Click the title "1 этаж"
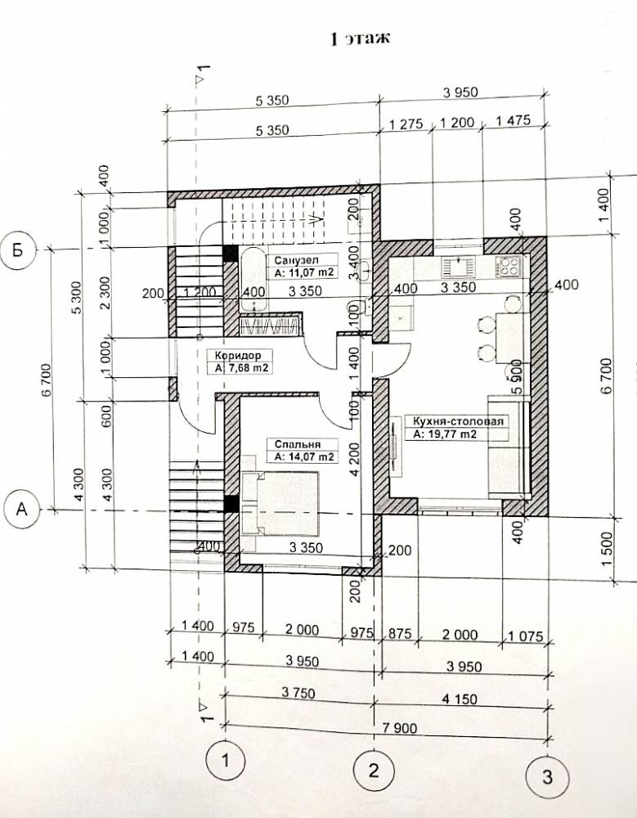click(x=361, y=39)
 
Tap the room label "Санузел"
click(x=296, y=260)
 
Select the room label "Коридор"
click(x=238, y=355)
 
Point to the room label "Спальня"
click(x=298, y=444)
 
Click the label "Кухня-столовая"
click(x=458, y=421)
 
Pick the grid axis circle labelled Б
click(x=18, y=249)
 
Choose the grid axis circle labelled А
click(x=21, y=509)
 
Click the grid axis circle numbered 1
click(x=225, y=760)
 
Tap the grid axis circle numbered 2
click(x=374, y=770)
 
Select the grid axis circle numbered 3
click(x=546, y=777)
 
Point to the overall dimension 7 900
click(x=399, y=727)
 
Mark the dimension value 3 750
click(x=298, y=693)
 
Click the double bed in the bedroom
click(x=280, y=504)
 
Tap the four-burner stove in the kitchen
click(x=509, y=267)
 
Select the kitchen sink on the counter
click(x=459, y=267)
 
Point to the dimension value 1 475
click(x=513, y=121)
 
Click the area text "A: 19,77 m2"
click(x=446, y=434)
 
